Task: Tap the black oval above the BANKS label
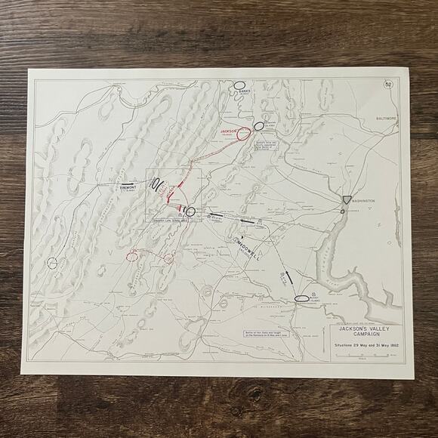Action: pos(239,85)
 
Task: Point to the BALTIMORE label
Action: pos(375,119)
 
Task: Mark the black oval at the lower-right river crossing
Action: pos(302,298)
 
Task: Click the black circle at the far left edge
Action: pos(52,263)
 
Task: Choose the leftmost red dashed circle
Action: pos(132,256)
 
